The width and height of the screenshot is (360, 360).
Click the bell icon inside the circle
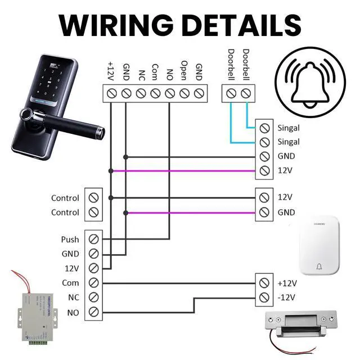311,84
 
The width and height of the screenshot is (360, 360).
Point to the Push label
70,240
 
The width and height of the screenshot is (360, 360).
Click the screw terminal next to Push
94,240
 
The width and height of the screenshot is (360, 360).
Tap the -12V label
287,297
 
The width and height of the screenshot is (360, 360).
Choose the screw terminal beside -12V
264,297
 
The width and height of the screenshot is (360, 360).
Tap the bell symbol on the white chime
321,267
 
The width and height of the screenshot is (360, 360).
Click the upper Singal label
288,128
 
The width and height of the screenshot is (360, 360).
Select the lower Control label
65,212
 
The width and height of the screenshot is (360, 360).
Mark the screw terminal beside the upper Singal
264,128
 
